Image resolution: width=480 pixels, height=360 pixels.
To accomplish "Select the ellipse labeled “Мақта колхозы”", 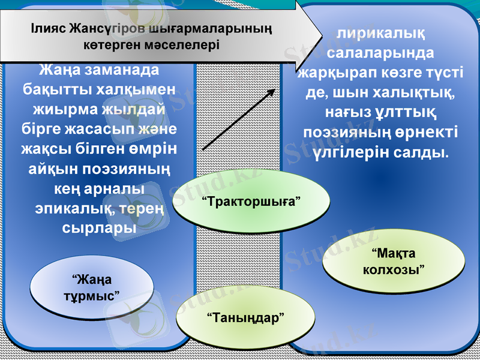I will tap(395, 261).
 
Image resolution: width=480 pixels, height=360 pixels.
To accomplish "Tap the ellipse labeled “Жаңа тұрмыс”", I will tap(91, 287).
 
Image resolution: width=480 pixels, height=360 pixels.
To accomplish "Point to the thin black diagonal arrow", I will tap(239, 119).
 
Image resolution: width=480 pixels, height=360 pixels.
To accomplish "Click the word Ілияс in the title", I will tap(49, 28).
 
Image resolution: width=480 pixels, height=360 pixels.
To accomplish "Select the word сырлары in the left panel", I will tap(99, 229).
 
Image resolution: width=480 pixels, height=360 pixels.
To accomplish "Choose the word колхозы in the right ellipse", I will tap(394, 269).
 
